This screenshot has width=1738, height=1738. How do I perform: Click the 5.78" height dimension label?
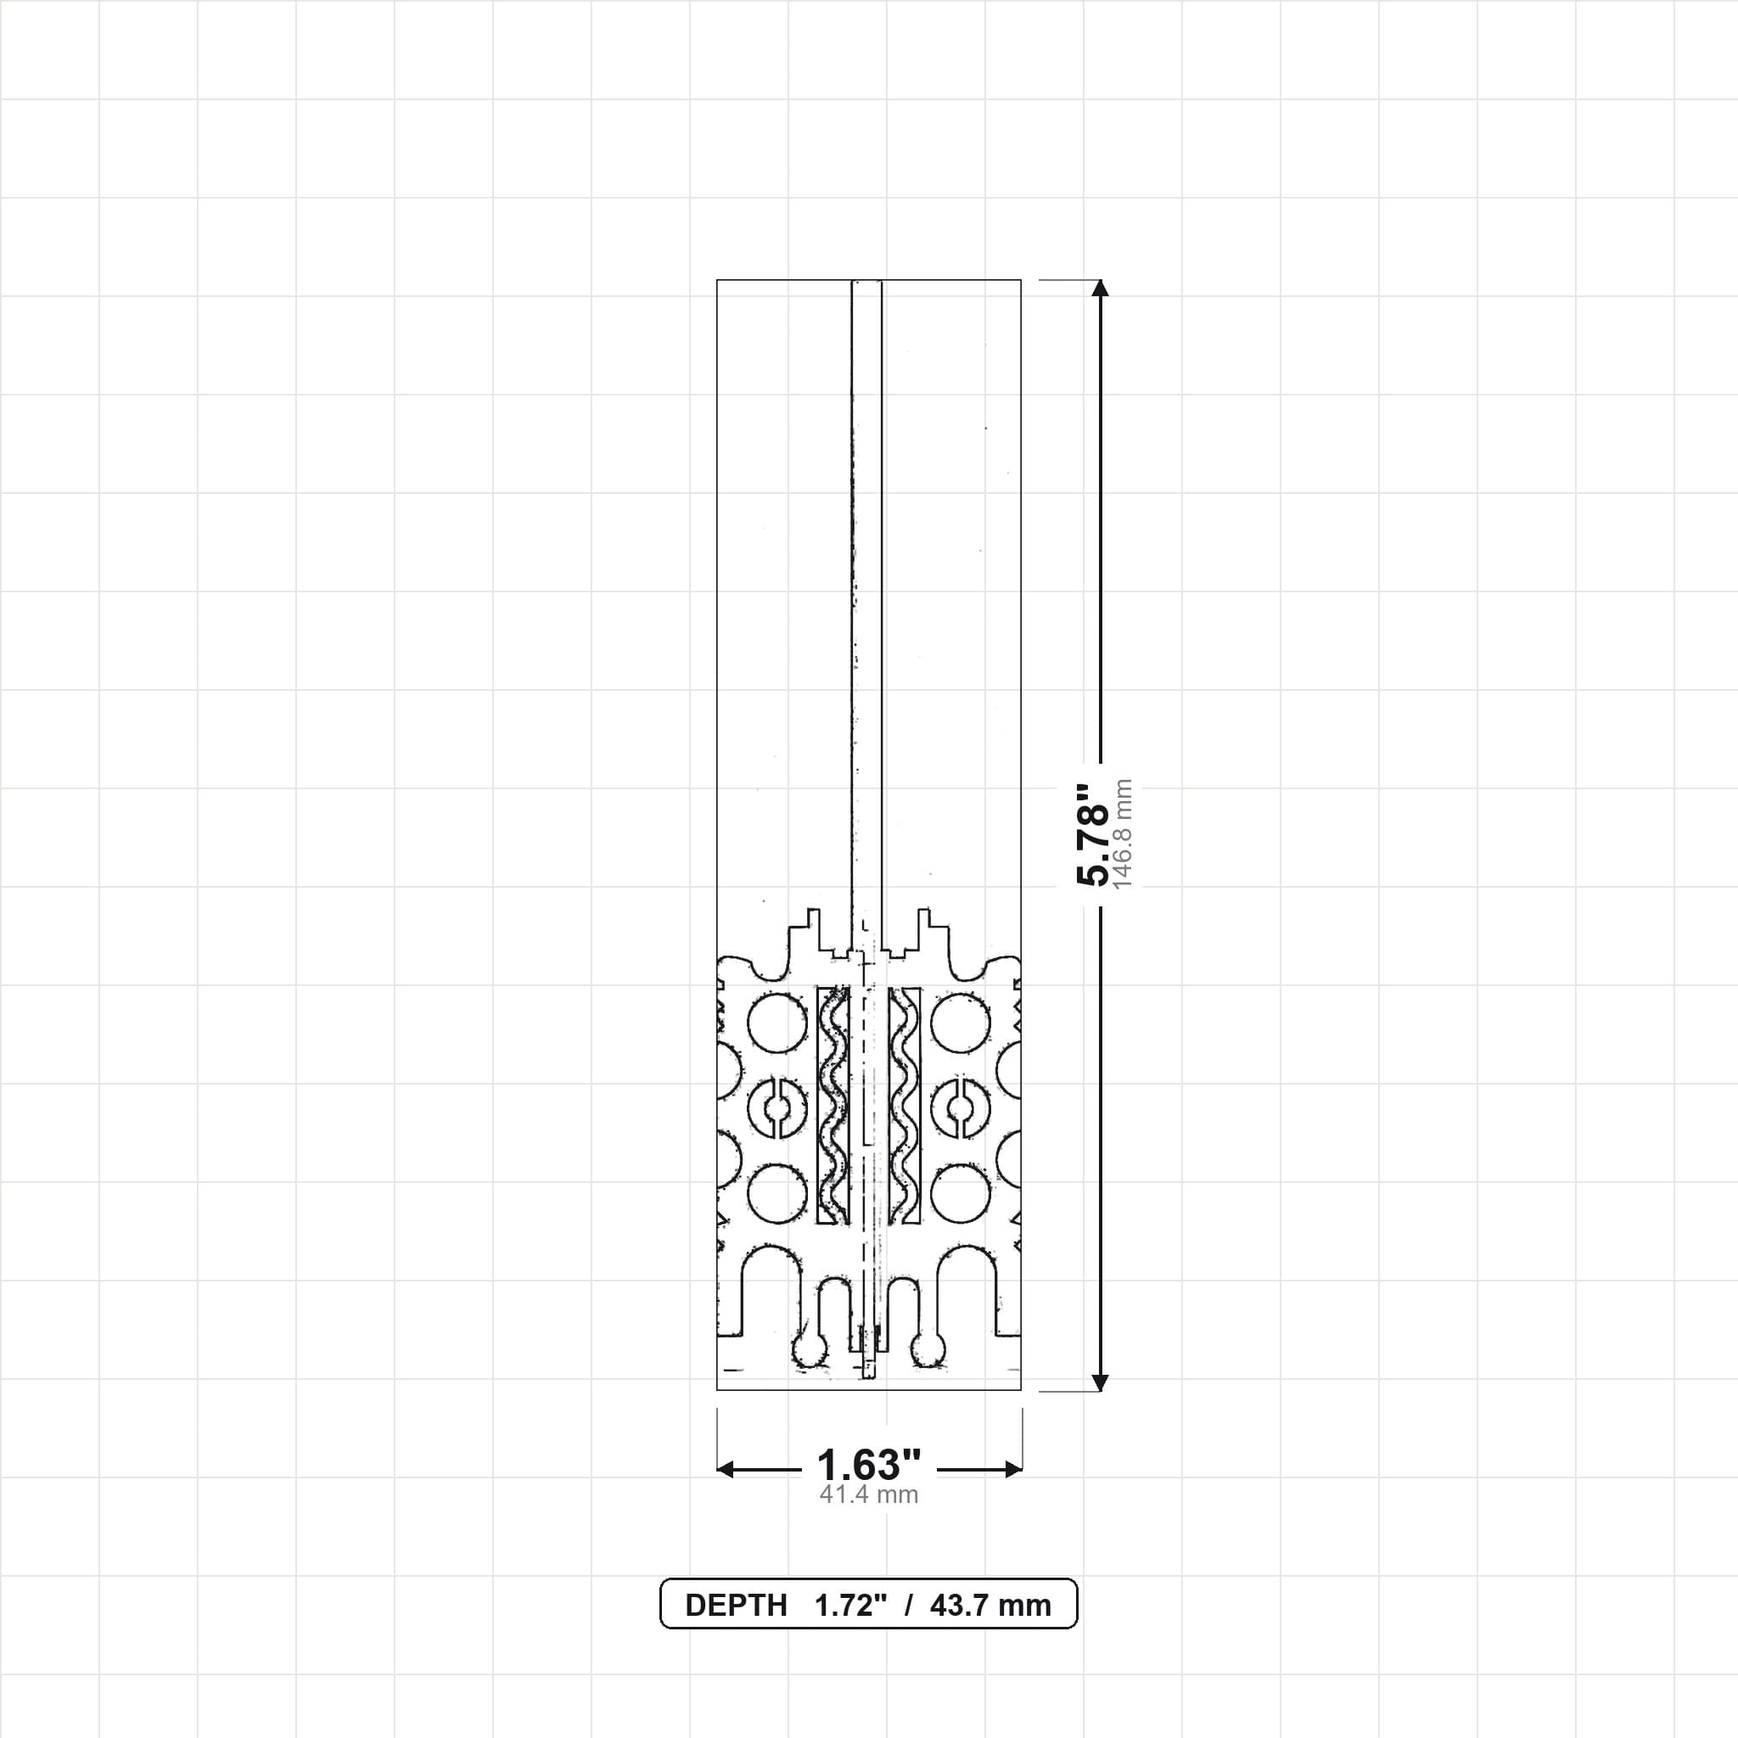[1094, 835]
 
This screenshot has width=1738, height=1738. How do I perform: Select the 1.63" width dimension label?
[869, 1466]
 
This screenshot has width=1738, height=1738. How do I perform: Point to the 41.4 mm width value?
[869, 1495]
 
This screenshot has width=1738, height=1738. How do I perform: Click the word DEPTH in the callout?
[736, 1606]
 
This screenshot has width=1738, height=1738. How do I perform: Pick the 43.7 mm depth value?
[990, 1606]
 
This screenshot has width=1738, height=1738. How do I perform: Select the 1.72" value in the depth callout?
[851, 1606]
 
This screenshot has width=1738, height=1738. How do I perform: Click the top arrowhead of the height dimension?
[1099, 288]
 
